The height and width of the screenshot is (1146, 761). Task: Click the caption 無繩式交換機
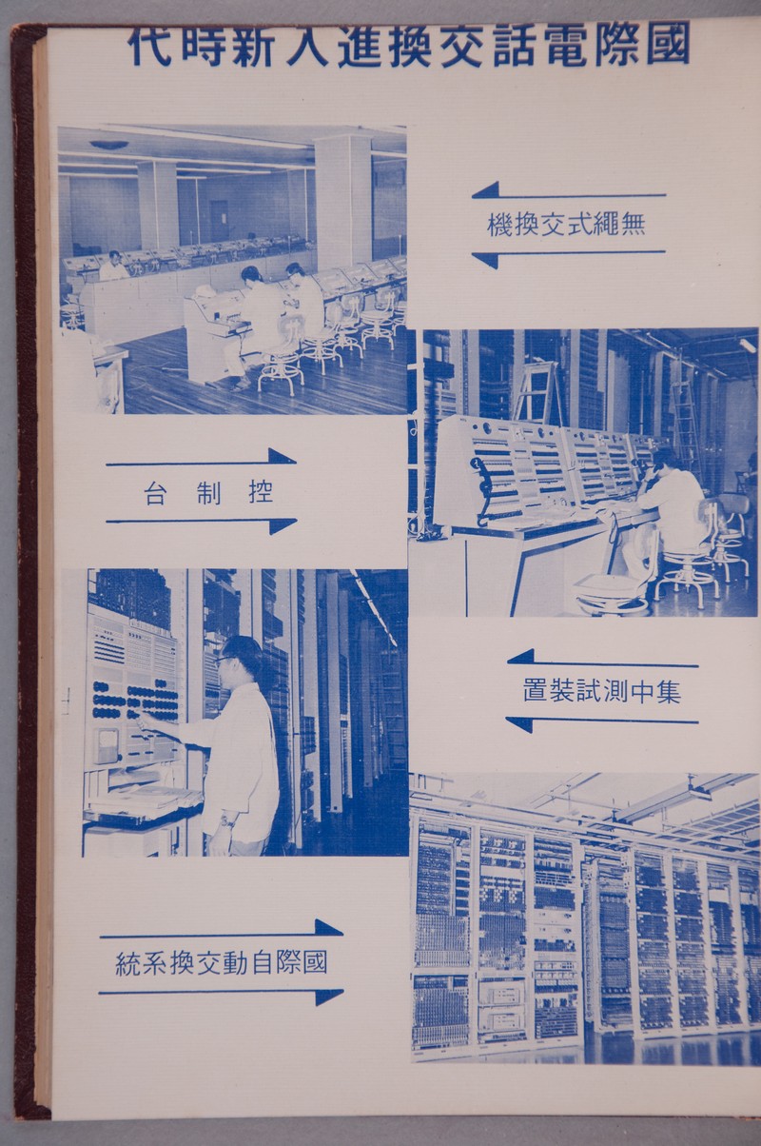pos(567,224)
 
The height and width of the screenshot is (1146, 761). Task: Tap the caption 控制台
pos(208,493)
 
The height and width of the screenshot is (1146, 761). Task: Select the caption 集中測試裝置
pos(602,691)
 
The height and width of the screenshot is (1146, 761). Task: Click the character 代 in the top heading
pos(149,46)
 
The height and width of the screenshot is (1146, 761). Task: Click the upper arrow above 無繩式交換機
pos(569,191)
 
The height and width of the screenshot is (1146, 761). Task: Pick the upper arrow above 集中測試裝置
pos(602,659)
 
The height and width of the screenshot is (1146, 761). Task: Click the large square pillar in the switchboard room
pos(343,200)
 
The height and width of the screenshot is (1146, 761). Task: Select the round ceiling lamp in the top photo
pos(108,145)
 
